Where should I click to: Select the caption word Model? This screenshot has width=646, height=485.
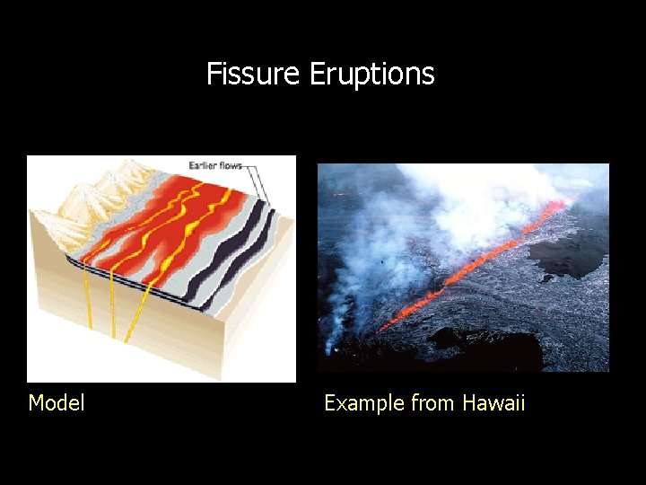[57, 403]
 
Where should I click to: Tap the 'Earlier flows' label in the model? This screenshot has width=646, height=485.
[217, 165]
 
